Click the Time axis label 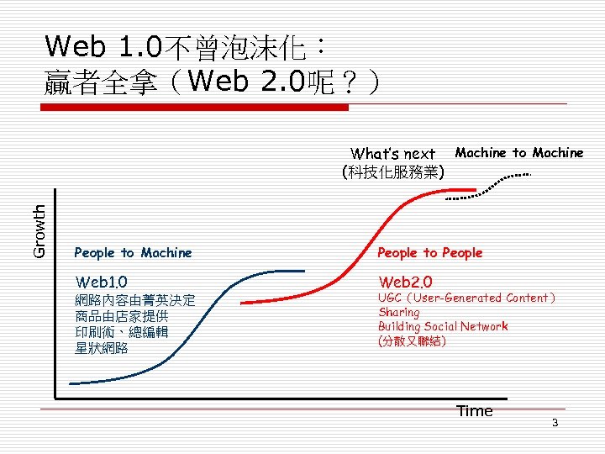[474, 410]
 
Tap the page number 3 [555, 422]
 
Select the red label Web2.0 [405, 281]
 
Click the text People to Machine [133, 252]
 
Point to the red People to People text [429, 252]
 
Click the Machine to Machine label [518, 152]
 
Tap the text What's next [392, 153]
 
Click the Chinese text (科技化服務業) [393, 172]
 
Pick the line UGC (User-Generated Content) [466, 298]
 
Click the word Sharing [398, 312]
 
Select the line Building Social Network [443, 326]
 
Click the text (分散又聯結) [412, 341]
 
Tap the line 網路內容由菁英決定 [134, 300]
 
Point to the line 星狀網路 [101, 347]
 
